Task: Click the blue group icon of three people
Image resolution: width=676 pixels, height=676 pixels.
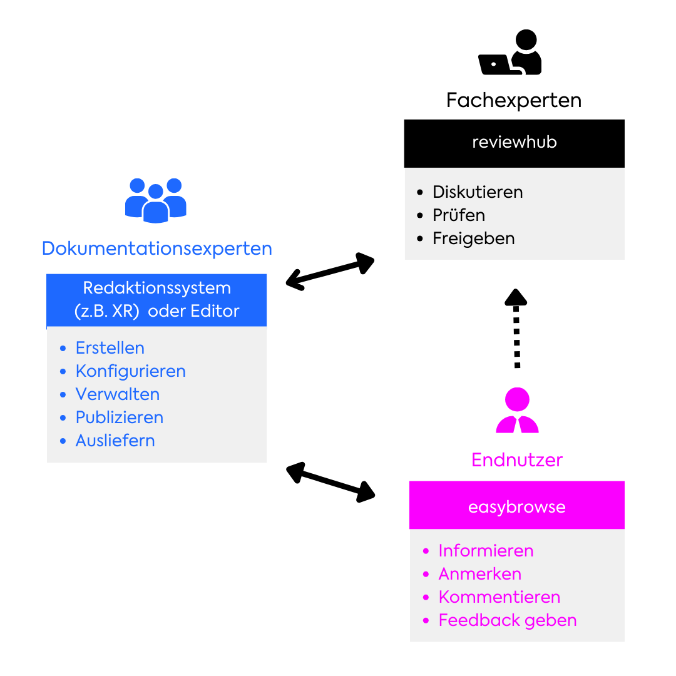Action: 156,200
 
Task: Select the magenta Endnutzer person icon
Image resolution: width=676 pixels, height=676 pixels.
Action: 517,411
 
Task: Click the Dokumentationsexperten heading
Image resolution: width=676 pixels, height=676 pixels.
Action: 156,248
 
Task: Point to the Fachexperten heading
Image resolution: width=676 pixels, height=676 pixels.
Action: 514,100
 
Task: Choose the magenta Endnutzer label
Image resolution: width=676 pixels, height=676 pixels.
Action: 517,460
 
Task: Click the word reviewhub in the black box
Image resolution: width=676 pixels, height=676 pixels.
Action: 515,142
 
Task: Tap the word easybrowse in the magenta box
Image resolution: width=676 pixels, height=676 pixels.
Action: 516,507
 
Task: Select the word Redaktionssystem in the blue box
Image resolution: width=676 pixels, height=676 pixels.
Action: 156,288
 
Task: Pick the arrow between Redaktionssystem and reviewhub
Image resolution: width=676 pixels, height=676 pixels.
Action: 330,272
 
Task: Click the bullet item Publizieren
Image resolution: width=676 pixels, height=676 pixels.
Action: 120,417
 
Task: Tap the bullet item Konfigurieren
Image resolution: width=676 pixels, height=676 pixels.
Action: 130,371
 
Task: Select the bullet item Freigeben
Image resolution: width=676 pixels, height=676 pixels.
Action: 473,238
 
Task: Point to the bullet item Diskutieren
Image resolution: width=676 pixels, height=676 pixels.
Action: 478,192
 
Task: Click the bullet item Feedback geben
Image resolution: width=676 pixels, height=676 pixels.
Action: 508,620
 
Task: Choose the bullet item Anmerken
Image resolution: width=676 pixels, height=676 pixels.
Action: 479,574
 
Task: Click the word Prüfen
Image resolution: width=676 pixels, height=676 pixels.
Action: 459,215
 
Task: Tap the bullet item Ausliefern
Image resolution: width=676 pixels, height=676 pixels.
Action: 115,441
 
